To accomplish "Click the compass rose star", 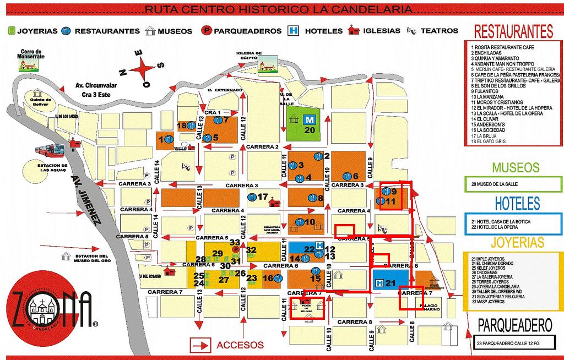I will tap(145, 69).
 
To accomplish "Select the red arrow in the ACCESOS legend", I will tap(199, 345).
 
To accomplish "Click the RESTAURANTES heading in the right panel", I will tap(513, 31).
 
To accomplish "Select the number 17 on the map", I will tap(263, 197).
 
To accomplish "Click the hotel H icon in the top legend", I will tap(295, 31).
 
